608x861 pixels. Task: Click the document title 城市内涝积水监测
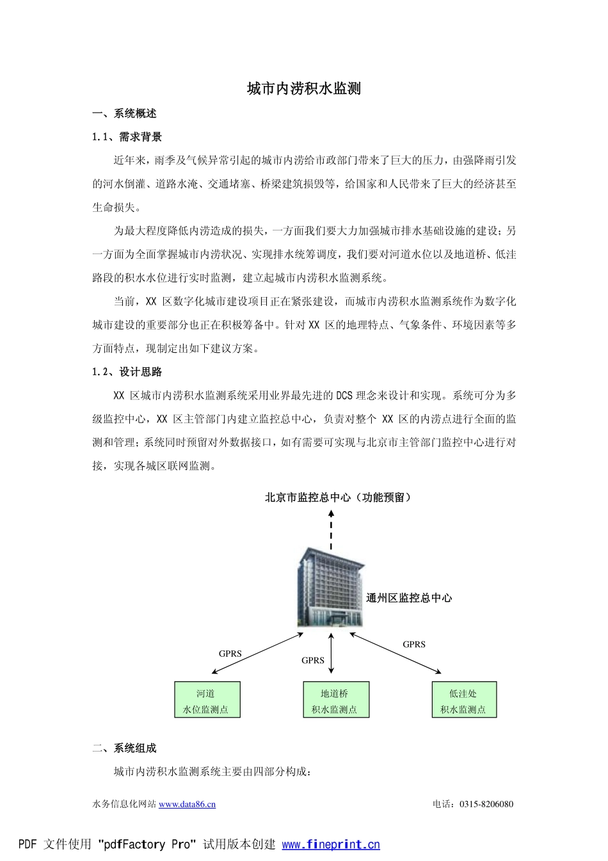304,89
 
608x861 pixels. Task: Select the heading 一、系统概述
124,114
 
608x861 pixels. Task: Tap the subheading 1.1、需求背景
127,137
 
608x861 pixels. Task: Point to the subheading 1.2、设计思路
127,372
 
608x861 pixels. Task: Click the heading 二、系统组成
124,748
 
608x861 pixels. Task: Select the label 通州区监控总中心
409,599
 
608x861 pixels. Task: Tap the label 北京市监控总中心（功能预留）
339,497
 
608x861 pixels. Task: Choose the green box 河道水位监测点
207,700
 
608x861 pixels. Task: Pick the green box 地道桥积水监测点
335,700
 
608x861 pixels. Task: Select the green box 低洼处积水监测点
463,700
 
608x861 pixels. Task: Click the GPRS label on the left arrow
230,654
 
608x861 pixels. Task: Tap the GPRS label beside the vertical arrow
313,661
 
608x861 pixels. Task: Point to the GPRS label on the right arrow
414,645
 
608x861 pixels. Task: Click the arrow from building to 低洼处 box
396,654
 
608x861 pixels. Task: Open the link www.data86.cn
187,805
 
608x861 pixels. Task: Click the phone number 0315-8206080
486,805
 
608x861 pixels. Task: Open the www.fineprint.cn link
331,845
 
